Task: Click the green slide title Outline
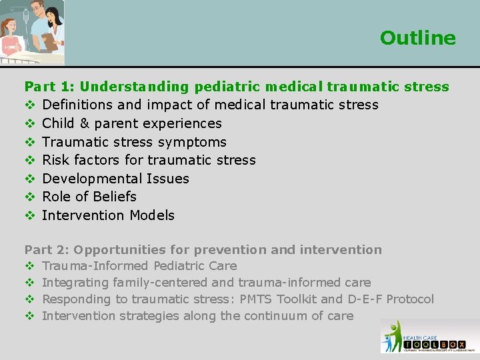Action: coord(417,38)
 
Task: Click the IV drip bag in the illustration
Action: coord(9,13)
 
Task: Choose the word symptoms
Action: coord(195,142)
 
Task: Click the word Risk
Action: coord(55,160)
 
